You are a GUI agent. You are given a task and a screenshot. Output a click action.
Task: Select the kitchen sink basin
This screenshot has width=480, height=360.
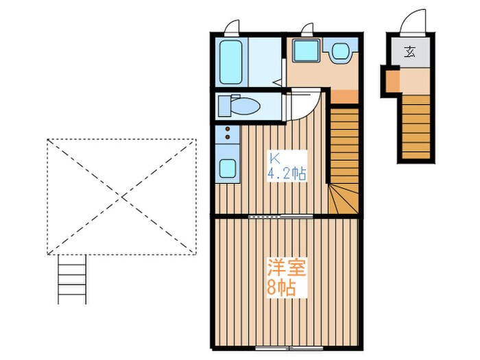(x=226, y=168)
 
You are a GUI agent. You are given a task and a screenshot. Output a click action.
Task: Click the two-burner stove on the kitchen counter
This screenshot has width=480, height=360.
(x=226, y=134)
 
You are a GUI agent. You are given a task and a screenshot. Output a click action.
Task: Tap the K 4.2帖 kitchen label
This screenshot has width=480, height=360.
(x=286, y=166)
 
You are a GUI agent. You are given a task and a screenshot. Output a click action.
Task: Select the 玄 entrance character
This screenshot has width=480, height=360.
(x=410, y=51)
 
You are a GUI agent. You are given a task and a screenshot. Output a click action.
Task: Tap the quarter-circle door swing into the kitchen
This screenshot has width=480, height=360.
(x=302, y=106)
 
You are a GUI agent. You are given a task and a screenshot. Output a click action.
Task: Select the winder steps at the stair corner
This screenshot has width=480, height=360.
(x=343, y=199)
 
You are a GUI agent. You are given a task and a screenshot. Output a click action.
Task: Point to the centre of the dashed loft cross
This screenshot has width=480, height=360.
(x=121, y=197)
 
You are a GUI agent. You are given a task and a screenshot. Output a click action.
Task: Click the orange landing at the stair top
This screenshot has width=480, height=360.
(x=345, y=97)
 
